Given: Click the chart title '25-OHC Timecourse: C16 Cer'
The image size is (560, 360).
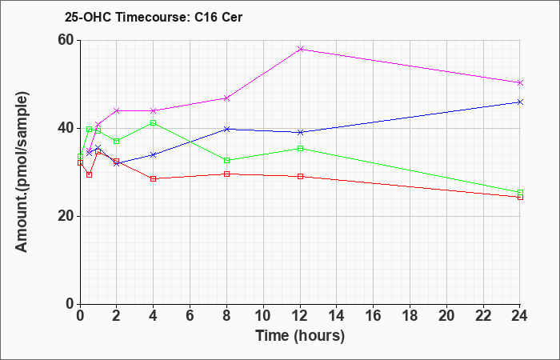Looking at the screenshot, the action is [x=154, y=17].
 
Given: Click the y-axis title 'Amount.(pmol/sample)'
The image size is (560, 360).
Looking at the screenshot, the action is [x=22, y=172].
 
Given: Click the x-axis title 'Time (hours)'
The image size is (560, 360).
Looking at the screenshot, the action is [x=300, y=336].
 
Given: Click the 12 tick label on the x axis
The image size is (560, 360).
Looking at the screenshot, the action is [x=300, y=315].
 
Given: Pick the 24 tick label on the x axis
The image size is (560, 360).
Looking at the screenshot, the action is [x=520, y=315].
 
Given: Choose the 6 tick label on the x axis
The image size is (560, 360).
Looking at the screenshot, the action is [x=190, y=315].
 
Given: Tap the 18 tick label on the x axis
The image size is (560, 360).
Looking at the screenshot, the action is [x=410, y=315].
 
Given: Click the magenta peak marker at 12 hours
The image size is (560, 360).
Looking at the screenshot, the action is [x=300, y=49].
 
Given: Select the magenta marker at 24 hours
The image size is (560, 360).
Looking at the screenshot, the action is [x=520, y=83].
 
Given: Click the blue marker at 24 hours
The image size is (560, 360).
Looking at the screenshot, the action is [x=520, y=102].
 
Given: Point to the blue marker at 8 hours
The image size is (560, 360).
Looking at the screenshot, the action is [x=226, y=129].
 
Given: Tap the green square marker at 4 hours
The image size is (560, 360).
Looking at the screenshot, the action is [x=154, y=123].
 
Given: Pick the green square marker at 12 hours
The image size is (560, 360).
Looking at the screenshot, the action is [x=300, y=148].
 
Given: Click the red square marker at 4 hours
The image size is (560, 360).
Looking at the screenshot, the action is [x=154, y=178].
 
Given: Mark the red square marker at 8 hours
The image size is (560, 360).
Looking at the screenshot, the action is [x=226, y=174].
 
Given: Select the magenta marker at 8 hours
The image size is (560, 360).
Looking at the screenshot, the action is [x=226, y=98].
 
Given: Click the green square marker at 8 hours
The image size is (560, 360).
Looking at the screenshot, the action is [x=226, y=160].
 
